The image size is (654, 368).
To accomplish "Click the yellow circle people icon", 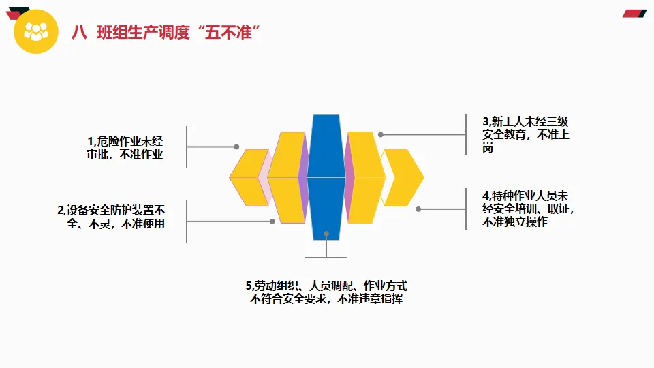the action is point(36,31).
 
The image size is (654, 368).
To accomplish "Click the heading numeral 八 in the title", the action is point(80,32).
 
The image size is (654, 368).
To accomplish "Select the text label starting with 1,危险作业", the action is point(126,147).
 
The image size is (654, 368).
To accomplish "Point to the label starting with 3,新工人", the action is point(525,134).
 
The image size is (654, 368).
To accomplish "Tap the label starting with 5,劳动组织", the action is point(326,292).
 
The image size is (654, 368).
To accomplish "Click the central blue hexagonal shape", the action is point(326,177).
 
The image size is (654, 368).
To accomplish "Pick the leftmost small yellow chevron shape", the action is point(248,177).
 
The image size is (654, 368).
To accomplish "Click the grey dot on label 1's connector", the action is point(236,147).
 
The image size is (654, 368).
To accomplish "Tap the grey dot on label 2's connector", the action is point(272,221).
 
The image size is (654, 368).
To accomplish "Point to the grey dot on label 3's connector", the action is point(381,134).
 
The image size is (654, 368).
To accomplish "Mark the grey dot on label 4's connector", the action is point(418,209).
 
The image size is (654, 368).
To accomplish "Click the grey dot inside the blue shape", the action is point(326,234).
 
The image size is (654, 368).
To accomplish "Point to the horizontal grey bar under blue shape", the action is point(326,257).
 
